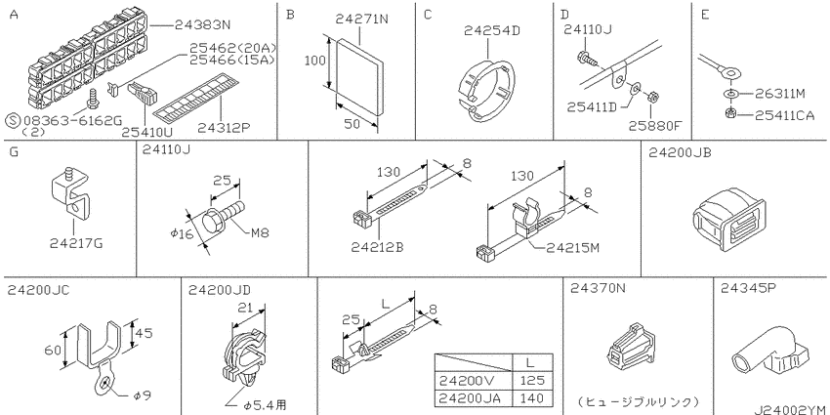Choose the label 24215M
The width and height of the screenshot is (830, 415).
coord(566,247)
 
